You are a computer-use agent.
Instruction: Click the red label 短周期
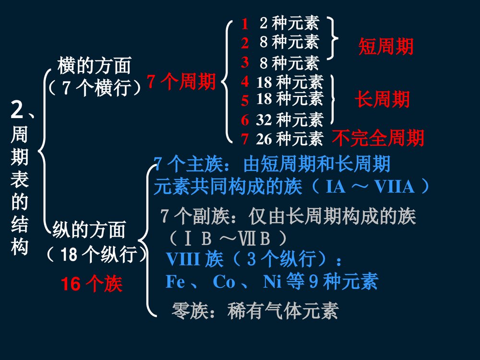(x=385, y=47)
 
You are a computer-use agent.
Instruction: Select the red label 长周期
(x=382, y=99)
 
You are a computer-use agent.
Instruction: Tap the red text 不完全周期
(x=378, y=138)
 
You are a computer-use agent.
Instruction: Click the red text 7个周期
(x=181, y=82)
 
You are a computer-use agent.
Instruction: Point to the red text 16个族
(x=92, y=285)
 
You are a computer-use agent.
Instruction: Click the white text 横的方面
(x=94, y=65)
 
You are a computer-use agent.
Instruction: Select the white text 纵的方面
(x=89, y=230)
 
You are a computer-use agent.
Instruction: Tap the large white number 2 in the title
(x=17, y=111)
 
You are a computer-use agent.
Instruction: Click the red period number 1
(x=245, y=24)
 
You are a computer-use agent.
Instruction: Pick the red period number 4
(x=245, y=82)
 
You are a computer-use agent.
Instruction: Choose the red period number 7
(x=245, y=139)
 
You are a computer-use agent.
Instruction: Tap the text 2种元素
(x=289, y=23)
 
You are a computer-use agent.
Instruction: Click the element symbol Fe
(x=175, y=282)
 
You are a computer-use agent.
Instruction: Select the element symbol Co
(x=224, y=282)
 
